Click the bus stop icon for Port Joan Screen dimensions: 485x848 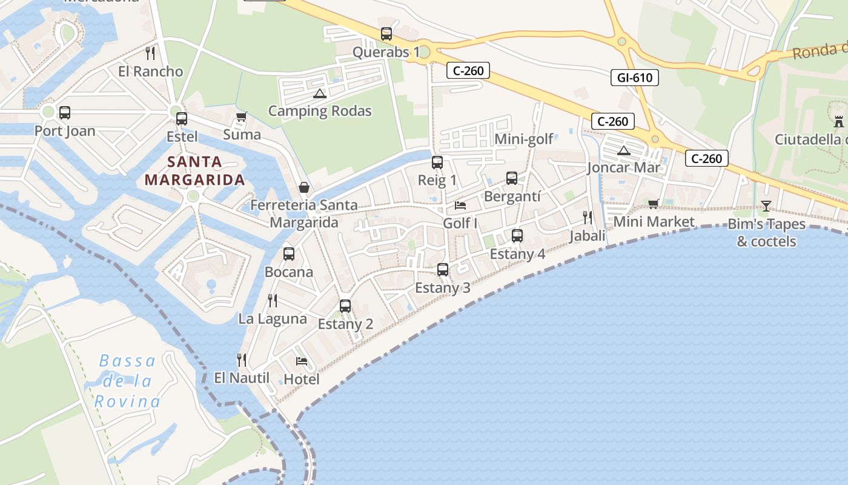tap(64, 113)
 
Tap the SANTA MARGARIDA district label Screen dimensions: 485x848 tap(194, 171)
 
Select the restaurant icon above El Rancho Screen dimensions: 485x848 tap(150, 53)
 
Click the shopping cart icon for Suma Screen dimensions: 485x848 tap(241, 116)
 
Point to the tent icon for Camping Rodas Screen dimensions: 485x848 tap(319, 93)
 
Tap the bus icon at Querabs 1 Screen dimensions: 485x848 tap(386, 34)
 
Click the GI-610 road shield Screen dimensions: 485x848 tap(634, 78)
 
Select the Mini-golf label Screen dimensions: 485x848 tap(524, 139)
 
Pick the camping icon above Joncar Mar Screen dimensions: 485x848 tap(623, 150)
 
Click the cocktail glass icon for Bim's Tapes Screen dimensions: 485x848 tap(766, 206)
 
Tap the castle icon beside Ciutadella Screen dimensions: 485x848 tap(838, 121)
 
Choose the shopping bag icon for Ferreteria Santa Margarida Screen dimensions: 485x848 tap(303, 187)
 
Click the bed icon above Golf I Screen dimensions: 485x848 tap(460, 206)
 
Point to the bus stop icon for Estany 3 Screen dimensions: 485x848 tap(443, 270)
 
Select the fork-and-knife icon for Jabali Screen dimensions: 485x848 tap(587, 217)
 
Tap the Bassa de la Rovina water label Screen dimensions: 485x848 tap(127, 381)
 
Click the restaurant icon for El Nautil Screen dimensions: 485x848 tap(241, 360)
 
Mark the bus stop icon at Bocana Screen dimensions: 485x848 tap(289, 254)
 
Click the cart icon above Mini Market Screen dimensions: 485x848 tap(653, 204)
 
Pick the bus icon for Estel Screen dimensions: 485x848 tap(181, 118)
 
